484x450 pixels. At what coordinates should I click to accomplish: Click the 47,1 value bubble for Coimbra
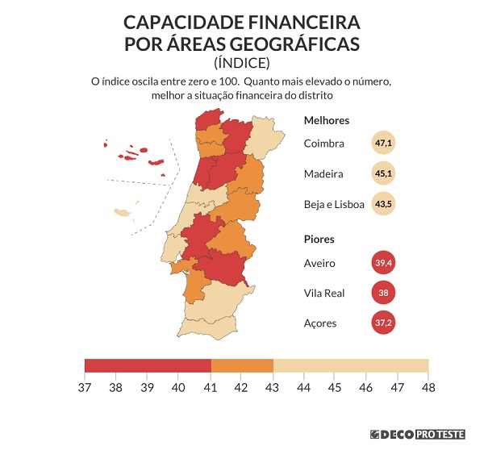click(383, 144)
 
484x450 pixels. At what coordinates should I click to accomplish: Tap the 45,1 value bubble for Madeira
click(383, 173)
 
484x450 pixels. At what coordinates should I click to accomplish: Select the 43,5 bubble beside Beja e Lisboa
click(383, 204)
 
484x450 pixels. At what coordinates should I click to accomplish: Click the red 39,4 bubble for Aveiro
click(383, 263)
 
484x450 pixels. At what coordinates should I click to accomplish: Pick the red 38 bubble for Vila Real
click(383, 293)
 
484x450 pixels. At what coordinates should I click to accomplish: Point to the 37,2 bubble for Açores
click(383, 323)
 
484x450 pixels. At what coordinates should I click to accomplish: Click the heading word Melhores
click(326, 120)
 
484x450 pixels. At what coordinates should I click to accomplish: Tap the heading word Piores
click(319, 240)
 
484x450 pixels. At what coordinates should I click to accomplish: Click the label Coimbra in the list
click(324, 144)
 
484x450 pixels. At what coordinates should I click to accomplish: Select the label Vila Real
click(324, 293)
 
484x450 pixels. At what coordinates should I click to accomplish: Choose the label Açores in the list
click(320, 323)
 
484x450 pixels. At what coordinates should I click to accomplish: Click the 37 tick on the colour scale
click(85, 386)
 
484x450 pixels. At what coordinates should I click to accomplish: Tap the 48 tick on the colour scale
click(428, 386)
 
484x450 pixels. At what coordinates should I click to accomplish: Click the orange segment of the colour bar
click(242, 365)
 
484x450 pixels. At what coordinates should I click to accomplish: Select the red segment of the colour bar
click(148, 365)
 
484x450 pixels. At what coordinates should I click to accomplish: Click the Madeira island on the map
click(124, 213)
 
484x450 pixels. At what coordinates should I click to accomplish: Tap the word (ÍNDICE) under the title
click(242, 62)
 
